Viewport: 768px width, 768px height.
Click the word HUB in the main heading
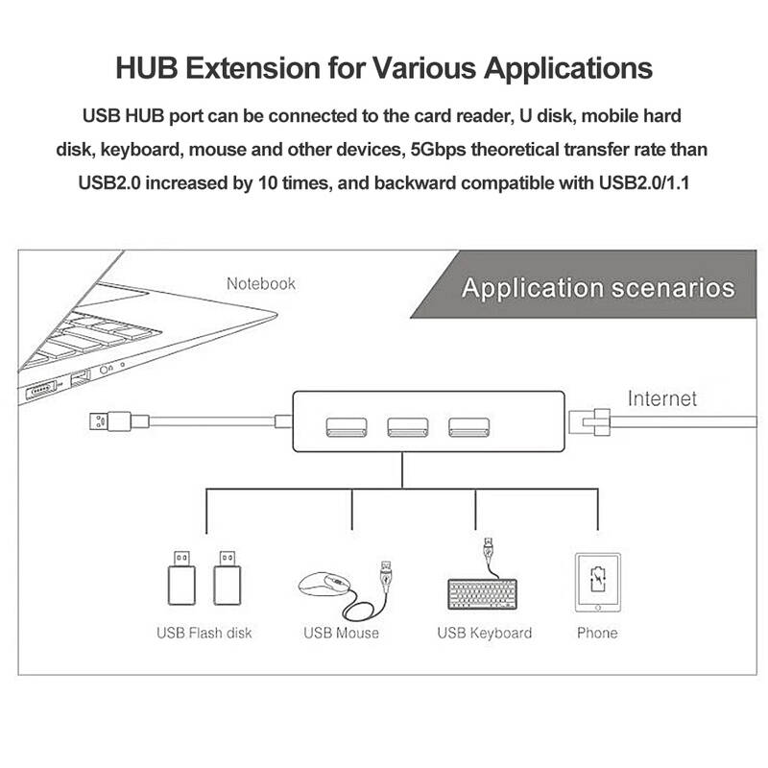[x=147, y=67]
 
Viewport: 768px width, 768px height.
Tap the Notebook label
[x=260, y=283]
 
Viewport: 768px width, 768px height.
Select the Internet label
[x=662, y=398]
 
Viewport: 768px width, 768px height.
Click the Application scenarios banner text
[x=598, y=287]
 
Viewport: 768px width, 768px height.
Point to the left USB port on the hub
[x=347, y=427]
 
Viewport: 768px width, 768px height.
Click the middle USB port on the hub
[x=407, y=427]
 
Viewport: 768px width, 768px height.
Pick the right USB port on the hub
[x=468, y=427]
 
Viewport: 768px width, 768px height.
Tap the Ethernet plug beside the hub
[x=589, y=421]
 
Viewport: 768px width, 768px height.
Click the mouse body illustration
[x=324, y=585]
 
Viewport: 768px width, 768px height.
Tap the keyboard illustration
[x=483, y=594]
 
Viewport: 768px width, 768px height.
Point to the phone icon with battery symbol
[x=597, y=583]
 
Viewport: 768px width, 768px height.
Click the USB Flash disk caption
[x=204, y=633]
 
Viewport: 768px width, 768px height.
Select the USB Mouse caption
[x=341, y=633]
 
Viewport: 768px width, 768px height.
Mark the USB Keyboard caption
[x=485, y=633]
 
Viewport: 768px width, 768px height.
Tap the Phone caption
[x=597, y=633]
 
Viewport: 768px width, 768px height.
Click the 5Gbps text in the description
[x=438, y=150]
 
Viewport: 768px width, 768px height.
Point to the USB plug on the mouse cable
[x=387, y=575]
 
